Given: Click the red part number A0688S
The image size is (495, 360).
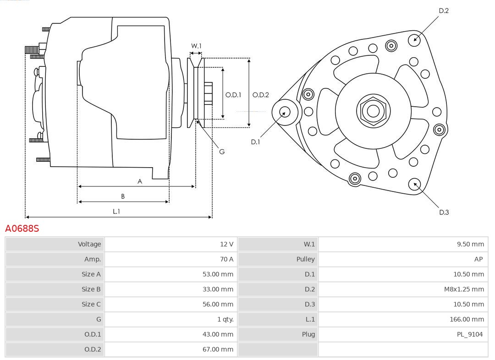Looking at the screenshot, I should (22, 228).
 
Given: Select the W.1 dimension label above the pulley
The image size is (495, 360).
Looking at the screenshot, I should (196, 46).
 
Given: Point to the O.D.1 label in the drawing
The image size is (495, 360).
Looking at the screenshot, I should (233, 95).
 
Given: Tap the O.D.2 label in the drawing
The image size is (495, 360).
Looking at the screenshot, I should (261, 95).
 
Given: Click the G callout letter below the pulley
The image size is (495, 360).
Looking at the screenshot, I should (222, 152).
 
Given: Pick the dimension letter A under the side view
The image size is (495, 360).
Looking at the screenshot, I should (140, 181).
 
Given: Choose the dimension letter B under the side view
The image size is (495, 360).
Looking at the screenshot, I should (123, 196).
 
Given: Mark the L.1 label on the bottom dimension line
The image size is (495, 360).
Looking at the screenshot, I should (116, 211).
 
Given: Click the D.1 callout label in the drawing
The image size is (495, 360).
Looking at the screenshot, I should (255, 142).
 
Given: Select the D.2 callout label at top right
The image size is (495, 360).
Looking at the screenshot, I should (444, 11).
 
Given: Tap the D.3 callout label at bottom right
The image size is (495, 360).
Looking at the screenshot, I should (444, 212).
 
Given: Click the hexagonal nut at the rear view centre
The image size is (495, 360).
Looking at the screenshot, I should (373, 111).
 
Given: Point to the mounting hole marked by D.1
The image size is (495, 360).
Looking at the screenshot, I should (285, 112).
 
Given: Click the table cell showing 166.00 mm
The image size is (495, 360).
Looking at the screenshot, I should (467, 319).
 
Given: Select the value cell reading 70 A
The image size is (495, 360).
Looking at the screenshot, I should (226, 259).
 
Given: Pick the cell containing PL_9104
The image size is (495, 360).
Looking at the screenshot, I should (469, 334).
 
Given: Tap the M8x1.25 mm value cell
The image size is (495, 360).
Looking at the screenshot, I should (464, 289).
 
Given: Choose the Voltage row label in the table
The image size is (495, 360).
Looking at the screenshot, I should (89, 244).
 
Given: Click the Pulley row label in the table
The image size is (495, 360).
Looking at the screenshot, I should (305, 259).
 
